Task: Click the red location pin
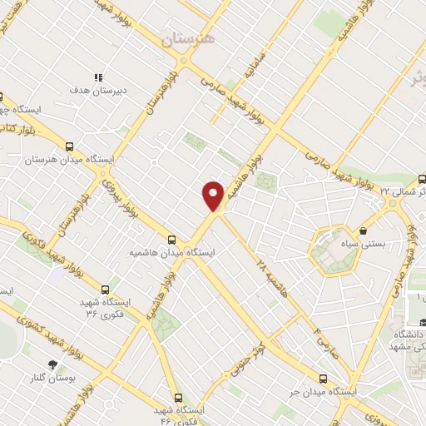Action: [213, 196]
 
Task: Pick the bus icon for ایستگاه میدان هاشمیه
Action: [172, 239]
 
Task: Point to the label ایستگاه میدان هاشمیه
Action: [172, 252]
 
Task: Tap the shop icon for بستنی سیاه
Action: [362, 230]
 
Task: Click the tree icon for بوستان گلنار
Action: [53, 364]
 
